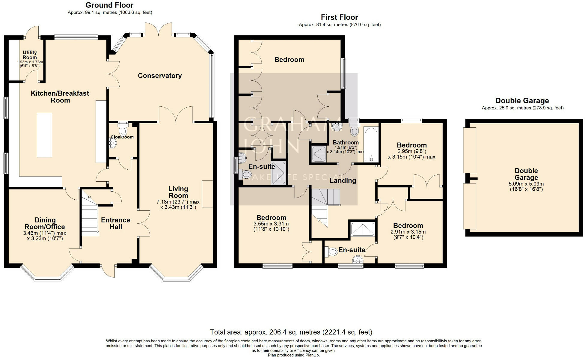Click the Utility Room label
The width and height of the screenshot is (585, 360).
point(30,55)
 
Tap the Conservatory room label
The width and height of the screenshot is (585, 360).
point(160,76)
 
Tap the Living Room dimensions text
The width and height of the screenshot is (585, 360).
point(178,204)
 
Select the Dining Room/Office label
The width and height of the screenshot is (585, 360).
point(45,224)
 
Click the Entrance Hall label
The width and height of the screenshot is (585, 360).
point(116,223)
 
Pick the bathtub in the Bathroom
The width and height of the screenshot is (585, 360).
point(371,144)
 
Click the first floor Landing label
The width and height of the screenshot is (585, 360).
point(343,180)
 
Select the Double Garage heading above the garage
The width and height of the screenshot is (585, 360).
point(522,101)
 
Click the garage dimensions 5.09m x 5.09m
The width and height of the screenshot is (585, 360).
point(526,184)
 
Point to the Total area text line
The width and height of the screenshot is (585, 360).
point(291,332)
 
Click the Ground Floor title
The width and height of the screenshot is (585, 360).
point(109,5)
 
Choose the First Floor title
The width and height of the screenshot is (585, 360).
point(340,17)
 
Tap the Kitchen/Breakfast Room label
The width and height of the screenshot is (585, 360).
point(60,97)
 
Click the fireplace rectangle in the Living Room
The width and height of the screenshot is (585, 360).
point(207,194)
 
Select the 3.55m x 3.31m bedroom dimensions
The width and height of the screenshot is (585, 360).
point(271,224)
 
